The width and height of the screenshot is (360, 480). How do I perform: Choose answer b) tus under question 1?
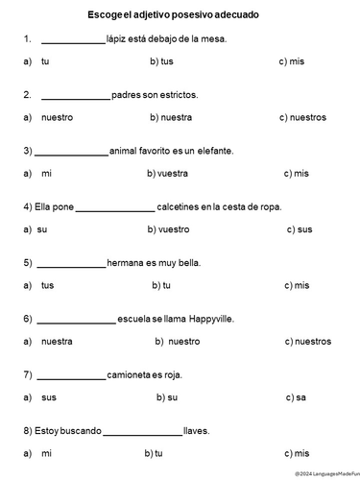tap(161, 61)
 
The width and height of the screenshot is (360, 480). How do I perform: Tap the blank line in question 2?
tap(76, 97)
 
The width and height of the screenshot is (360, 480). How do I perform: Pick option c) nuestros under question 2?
tap(302, 117)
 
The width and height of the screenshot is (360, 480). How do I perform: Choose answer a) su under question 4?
tap(36, 229)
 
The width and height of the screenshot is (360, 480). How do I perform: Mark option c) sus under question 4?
tap(299, 229)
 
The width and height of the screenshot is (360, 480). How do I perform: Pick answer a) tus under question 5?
tap(39, 285)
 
